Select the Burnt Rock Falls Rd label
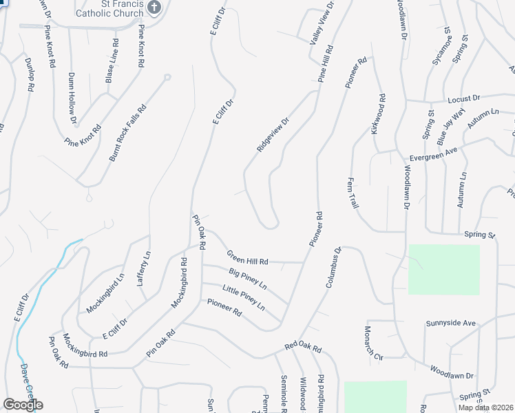[x=128, y=133]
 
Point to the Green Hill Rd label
[x=247, y=257]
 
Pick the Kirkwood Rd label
[x=378, y=115]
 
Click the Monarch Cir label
[x=372, y=343]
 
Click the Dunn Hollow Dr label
[x=73, y=100]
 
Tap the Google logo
[x=23, y=405]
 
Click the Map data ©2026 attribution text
[x=484, y=407]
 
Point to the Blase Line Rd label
[x=112, y=61]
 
